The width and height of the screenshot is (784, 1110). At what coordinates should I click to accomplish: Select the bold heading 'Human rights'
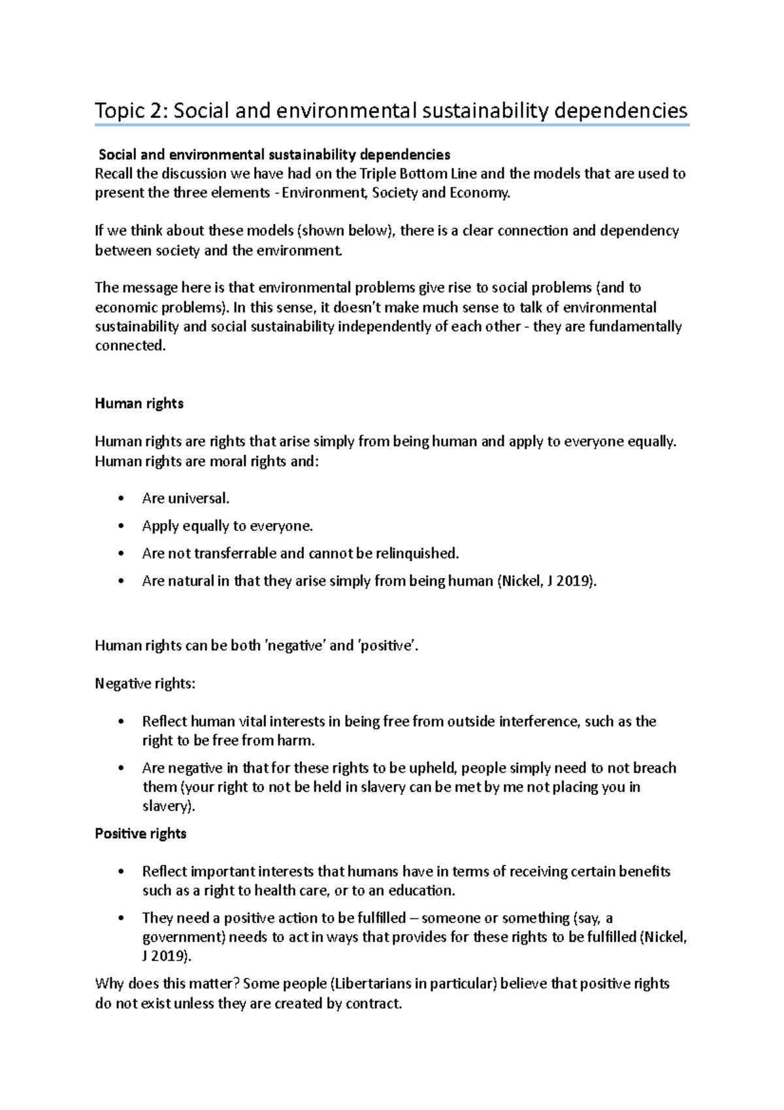click(139, 403)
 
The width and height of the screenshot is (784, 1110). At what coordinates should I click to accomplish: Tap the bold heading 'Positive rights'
click(140, 833)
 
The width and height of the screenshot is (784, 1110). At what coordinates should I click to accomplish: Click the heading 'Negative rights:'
click(145, 684)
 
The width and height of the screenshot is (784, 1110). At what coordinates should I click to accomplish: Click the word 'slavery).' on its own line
click(169, 806)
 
